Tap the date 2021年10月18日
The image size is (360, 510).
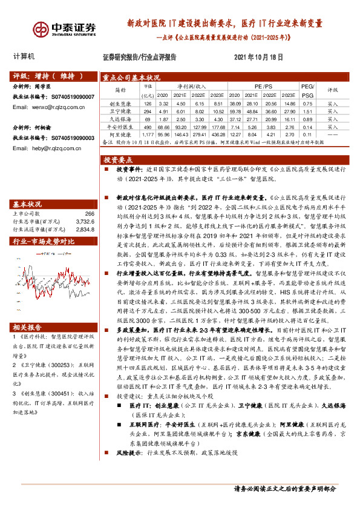tap(258, 56)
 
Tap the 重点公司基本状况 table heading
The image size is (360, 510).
tap(131, 78)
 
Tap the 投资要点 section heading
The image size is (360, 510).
tap(119, 160)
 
